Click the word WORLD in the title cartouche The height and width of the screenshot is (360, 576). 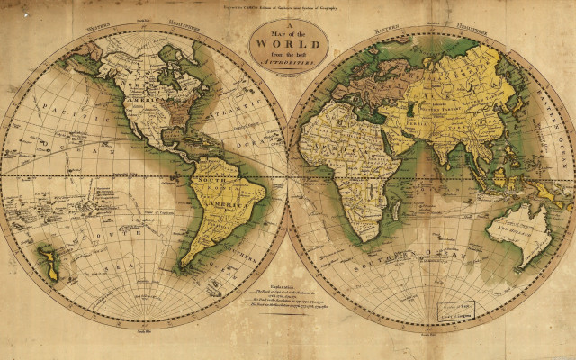click(x=288, y=44)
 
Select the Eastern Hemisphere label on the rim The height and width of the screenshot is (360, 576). click(x=432, y=25)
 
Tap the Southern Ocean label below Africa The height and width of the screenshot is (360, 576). click(x=409, y=261)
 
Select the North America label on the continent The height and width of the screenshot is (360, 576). click(x=135, y=85)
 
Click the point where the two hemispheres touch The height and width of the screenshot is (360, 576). click(x=288, y=175)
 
